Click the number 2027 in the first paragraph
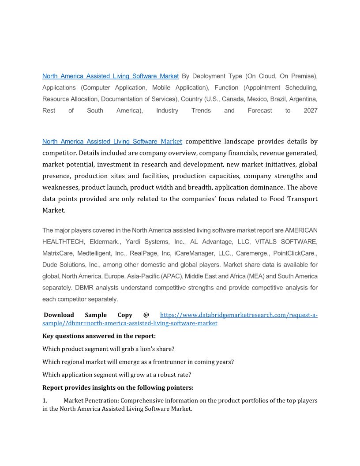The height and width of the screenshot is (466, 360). (x=310, y=110)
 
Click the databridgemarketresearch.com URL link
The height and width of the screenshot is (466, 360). (x=238, y=315)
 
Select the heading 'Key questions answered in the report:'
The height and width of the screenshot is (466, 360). (x=96, y=336)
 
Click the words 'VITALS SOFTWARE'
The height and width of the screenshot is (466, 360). (x=286, y=242)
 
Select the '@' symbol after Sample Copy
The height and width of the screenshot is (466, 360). (x=146, y=315)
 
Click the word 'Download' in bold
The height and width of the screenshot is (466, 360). (x=59, y=315)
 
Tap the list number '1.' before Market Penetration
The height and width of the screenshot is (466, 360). (x=45, y=401)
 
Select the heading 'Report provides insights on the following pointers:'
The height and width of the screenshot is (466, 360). (x=118, y=388)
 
